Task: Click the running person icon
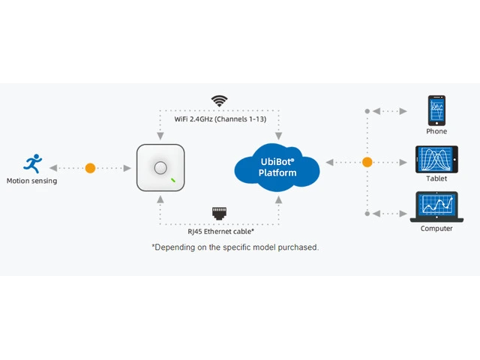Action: click(33, 163)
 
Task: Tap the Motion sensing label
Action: click(31, 181)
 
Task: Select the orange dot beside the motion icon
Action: click(90, 168)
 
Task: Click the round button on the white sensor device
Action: click(160, 168)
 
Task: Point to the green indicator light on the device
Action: click(173, 180)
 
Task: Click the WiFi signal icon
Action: click(219, 101)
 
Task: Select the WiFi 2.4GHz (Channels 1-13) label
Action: click(220, 119)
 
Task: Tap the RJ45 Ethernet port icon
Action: click(220, 213)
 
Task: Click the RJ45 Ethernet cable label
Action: click(221, 232)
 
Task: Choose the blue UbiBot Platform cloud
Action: click(277, 167)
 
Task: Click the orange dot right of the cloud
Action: click(367, 162)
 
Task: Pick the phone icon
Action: click(436, 110)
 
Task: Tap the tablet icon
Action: click(436, 160)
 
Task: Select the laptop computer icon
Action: click(436, 207)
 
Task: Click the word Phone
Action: click(436, 131)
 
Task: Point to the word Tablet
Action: click(436, 178)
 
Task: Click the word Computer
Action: click(436, 228)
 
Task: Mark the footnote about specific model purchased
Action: click(235, 247)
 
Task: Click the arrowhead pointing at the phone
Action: click(403, 111)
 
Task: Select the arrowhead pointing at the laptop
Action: click(403, 214)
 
